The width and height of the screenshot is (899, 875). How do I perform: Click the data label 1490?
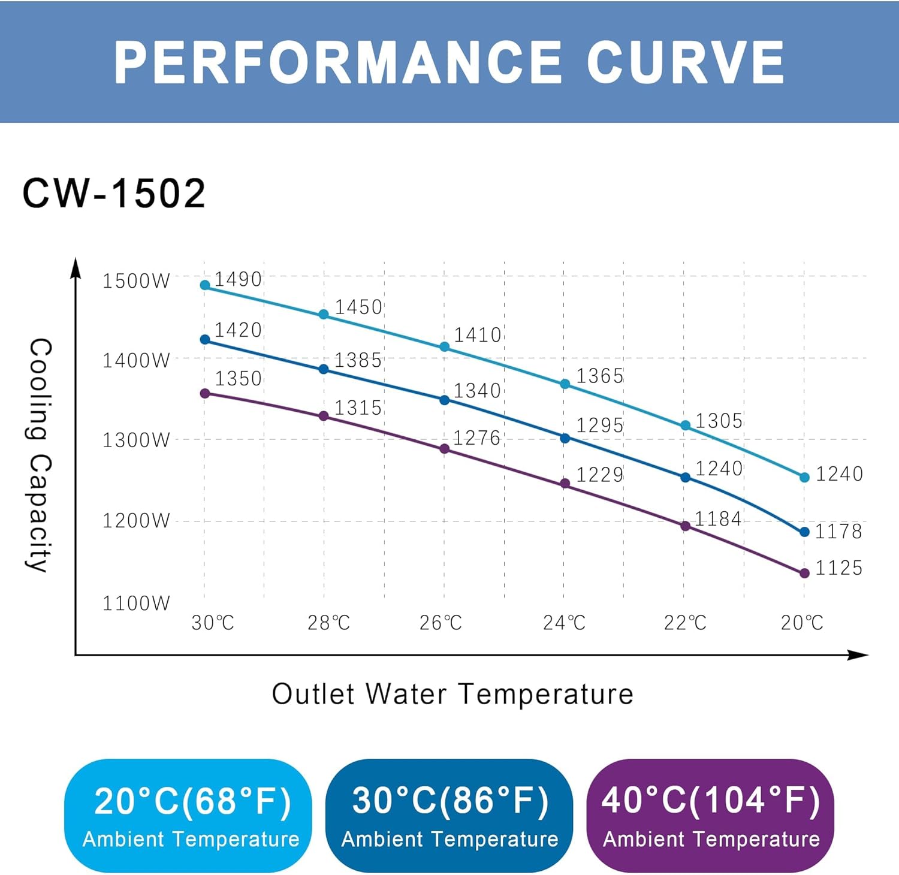(x=238, y=279)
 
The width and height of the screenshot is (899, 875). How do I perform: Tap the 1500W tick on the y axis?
(x=136, y=281)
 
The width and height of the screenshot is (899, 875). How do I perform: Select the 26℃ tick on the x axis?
(x=441, y=623)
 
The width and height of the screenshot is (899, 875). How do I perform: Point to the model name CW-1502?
(x=114, y=194)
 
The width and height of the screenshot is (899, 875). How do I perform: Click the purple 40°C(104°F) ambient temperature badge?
(x=710, y=815)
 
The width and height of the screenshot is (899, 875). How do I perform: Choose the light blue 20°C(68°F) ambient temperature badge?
(x=189, y=815)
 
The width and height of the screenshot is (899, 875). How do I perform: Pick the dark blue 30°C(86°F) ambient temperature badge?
(x=449, y=815)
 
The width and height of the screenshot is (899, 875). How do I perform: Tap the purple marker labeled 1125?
(x=804, y=574)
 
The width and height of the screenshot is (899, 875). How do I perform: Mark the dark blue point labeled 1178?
(x=804, y=532)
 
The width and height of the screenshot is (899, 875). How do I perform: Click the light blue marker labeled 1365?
(x=565, y=384)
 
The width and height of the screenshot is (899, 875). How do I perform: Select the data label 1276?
(x=476, y=438)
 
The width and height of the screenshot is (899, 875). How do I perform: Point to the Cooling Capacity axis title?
(x=40, y=455)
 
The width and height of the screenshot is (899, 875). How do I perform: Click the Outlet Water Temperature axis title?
(x=452, y=694)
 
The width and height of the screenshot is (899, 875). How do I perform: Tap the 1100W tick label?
(x=136, y=603)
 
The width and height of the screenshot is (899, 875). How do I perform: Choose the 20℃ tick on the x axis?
(x=802, y=623)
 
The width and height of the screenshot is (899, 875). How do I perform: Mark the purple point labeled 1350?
(x=205, y=394)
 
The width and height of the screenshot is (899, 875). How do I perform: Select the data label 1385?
(x=358, y=360)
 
